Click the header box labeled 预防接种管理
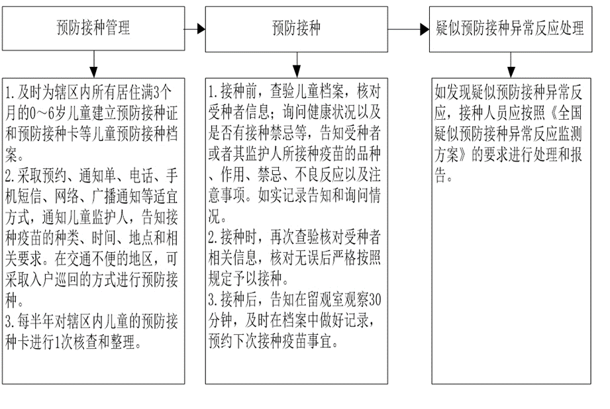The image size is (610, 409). pyautogui.click(x=93, y=28)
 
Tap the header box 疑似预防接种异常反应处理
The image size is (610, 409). pyautogui.click(x=510, y=28)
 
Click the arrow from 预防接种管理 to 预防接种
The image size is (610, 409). pyautogui.click(x=193, y=28)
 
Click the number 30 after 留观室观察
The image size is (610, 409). pyautogui.click(x=374, y=296)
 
